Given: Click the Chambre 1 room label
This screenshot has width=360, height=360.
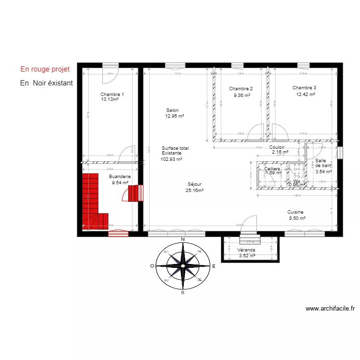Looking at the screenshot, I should pos(112,94).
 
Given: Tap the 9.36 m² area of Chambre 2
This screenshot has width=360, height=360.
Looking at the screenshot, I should pos(242,96).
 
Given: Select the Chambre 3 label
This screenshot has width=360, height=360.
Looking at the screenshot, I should pos(304,88).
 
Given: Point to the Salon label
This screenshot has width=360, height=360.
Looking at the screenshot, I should pos(172,110).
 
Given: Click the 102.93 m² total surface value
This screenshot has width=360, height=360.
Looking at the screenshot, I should pos(171,159).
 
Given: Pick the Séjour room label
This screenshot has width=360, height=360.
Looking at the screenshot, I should pos(194,184).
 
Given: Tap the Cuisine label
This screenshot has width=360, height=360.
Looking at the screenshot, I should pos(295,212).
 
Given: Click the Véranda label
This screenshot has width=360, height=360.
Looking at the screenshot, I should pos(246,250).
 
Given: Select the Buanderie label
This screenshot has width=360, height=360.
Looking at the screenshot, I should pos(120,176).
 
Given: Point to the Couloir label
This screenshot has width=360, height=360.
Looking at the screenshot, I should pos(277,147).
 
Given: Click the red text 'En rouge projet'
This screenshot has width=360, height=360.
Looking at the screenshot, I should pos(45,69).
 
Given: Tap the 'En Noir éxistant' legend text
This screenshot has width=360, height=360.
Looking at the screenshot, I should pos(47,83).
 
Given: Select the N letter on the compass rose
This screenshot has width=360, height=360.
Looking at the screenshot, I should pos(182,239).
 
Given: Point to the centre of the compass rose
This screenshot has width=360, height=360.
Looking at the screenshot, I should pos(182,265).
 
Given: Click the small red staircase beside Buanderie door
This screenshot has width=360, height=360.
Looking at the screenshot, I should pos(136,193).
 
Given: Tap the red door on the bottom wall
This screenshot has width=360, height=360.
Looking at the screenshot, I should pos(118,233).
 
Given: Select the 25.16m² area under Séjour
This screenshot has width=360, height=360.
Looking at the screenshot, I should pos(194,190).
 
